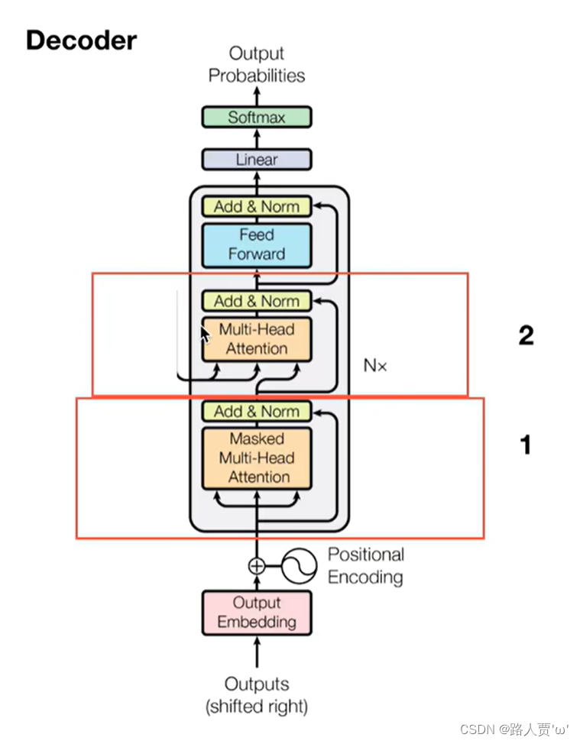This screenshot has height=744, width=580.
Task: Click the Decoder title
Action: coord(81,40)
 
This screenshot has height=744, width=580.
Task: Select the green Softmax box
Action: coord(256,118)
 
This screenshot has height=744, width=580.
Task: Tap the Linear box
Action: coord(256,160)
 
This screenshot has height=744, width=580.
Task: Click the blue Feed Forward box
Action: coord(256,244)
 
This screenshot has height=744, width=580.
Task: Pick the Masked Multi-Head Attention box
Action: coord(256,458)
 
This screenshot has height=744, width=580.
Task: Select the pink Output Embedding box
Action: coord(256,613)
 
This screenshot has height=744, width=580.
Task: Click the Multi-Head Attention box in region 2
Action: coord(256,339)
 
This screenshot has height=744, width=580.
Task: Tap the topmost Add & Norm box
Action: coord(256,206)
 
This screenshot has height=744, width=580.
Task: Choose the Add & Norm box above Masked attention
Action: coord(256,411)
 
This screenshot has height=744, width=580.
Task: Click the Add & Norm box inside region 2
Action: coord(256,301)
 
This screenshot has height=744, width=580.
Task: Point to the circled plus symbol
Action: coord(257,566)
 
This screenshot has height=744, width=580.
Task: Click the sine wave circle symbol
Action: coord(299,566)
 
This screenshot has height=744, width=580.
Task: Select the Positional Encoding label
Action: coord(365,565)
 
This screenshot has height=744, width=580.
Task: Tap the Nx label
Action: coord(374,366)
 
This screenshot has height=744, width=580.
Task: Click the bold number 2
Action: coord(526,335)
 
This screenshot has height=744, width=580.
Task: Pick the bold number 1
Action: coord(526,445)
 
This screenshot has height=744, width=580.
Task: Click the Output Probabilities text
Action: coord(256,64)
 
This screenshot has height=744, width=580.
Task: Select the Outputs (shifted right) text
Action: coord(256,695)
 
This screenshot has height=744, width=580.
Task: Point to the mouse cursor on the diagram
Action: coord(205,335)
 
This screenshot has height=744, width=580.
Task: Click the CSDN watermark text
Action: coord(514,729)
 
